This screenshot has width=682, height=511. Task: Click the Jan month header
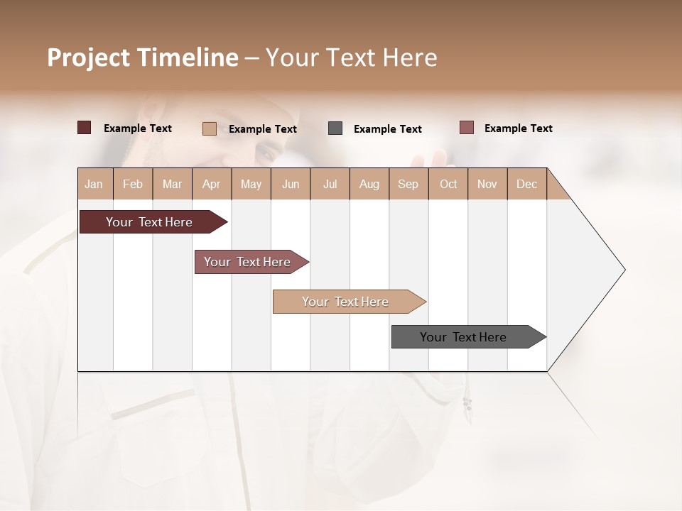[x=94, y=184]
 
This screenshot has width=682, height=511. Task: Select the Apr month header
[x=212, y=184]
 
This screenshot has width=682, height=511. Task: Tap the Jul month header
[x=330, y=184]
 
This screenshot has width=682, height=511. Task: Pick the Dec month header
[x=526, y=184]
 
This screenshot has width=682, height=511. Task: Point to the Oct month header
[x=448, y=184]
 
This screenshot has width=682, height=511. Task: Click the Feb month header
[x=133, y=184]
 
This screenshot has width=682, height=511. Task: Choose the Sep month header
[x=408, y=184]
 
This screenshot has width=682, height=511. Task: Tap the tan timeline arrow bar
[x=346, y=302]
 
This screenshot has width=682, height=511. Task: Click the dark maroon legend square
[x=85, y=128]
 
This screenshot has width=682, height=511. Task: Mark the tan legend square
[x=210, y=128]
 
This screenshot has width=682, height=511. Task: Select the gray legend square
[x=335, y=128]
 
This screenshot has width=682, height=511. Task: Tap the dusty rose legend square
[x=467, y=128]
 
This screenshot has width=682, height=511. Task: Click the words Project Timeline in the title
[x=143, y=57]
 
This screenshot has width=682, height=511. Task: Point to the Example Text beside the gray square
[x=387, y=129]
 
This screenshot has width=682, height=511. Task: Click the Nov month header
[x=487, y=184]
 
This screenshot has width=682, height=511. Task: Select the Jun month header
[x=291, y=184]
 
